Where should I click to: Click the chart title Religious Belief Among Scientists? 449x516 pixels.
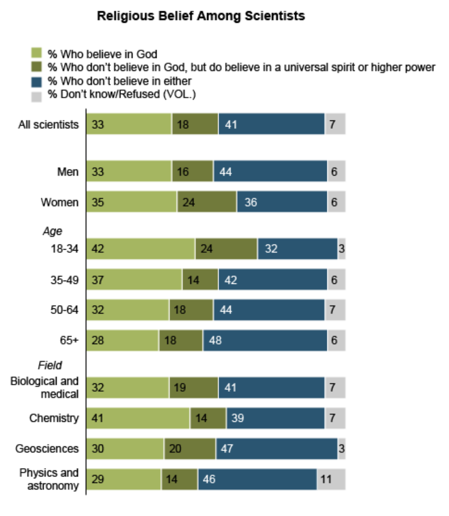coord(201,16)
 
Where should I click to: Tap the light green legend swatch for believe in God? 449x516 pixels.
coord(37,53)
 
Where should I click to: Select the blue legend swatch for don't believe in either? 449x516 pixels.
coord(37,81)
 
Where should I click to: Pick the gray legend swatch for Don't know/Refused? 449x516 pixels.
coord(37,96)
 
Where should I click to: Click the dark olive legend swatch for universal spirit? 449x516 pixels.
coord(37,67)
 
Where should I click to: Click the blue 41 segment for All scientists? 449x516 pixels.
coord(271,124)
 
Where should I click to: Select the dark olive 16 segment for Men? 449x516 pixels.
coord(192,171)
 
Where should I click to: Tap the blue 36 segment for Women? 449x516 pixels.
coord(282,202)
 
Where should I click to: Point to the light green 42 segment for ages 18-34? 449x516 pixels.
coord(141,249)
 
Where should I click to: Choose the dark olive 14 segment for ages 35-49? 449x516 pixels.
coord(200,280)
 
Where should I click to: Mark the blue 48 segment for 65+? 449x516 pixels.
coord(265,341)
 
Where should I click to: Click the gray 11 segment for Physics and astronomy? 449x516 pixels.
coord(331,479)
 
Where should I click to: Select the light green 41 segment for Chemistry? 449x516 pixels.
coord(138,418)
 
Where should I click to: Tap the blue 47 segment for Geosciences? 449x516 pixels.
coord(277,448)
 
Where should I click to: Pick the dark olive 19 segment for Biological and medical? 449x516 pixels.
coord(193,388)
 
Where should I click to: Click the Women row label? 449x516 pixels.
coord(60,203)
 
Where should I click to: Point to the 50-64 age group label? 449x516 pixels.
coord(64,310)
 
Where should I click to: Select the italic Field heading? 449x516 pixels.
coord(50,366)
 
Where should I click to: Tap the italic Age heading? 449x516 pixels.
coord(52,231)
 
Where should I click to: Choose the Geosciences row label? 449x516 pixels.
coord(47,448)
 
